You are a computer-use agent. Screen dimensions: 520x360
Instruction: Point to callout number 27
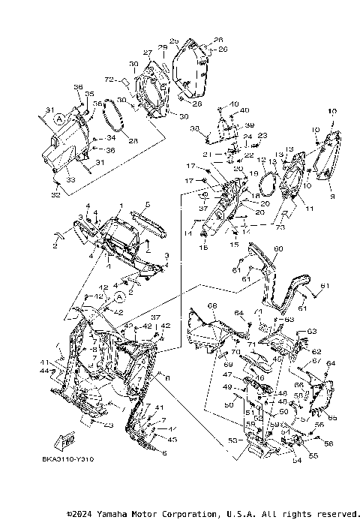pos(148,54)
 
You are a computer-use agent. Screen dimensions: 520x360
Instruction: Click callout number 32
pos(54,195)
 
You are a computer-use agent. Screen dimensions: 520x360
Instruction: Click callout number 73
pos(280,226)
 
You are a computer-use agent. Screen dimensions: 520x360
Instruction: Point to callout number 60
pos(278,248)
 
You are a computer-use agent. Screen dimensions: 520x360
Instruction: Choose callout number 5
pos(147,205)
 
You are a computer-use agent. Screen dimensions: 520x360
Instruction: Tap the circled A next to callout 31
pos(60,119)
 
